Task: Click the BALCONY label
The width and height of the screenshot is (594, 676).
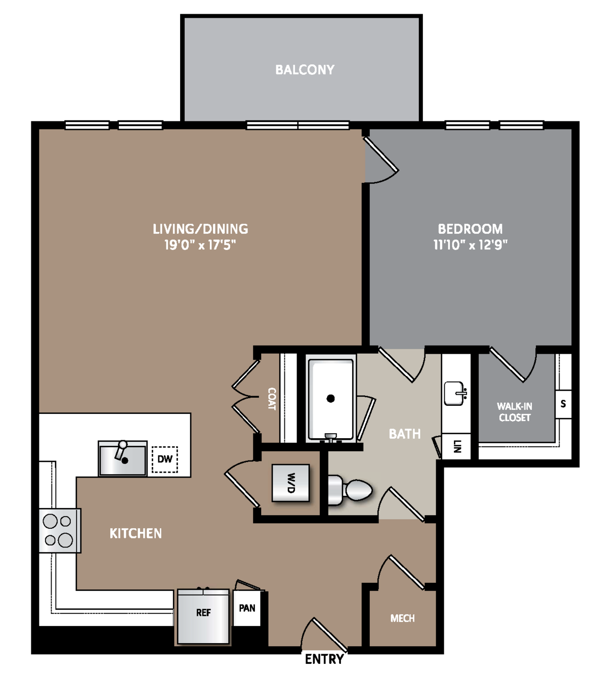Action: click(305, 70)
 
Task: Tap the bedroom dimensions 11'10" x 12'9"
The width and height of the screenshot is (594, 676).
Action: click(470, 245)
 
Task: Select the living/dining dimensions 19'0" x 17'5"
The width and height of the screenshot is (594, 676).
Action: click(200, 245)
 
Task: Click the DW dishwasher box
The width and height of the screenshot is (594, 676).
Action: click(164, 459)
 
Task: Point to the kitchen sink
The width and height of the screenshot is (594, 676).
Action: click(122, 458)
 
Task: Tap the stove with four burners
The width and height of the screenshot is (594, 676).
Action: click(60, 530)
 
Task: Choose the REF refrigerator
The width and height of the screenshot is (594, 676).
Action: click(203, 616)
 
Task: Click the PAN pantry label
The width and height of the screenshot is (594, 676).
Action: click(247, 608)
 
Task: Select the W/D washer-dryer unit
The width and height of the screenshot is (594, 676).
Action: click(290, 483)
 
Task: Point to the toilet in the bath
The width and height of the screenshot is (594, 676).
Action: click(350, 490)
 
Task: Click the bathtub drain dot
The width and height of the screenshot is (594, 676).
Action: click(330, 398)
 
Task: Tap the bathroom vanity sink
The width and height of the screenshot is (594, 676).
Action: click(455, 394)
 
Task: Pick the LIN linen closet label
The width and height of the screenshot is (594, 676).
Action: click(457, 446)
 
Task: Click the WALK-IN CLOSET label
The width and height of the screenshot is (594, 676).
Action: click(514, 412)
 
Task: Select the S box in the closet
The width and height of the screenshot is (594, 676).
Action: click(563, 404)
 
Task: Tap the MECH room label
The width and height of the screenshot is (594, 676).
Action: click(402, 618)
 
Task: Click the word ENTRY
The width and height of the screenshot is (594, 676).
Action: click(324, 659)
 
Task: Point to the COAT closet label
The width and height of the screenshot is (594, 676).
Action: click(272, 398)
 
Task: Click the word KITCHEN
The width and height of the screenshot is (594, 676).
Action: click(136, 533)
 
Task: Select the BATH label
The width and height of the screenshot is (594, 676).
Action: click(405, 434)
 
